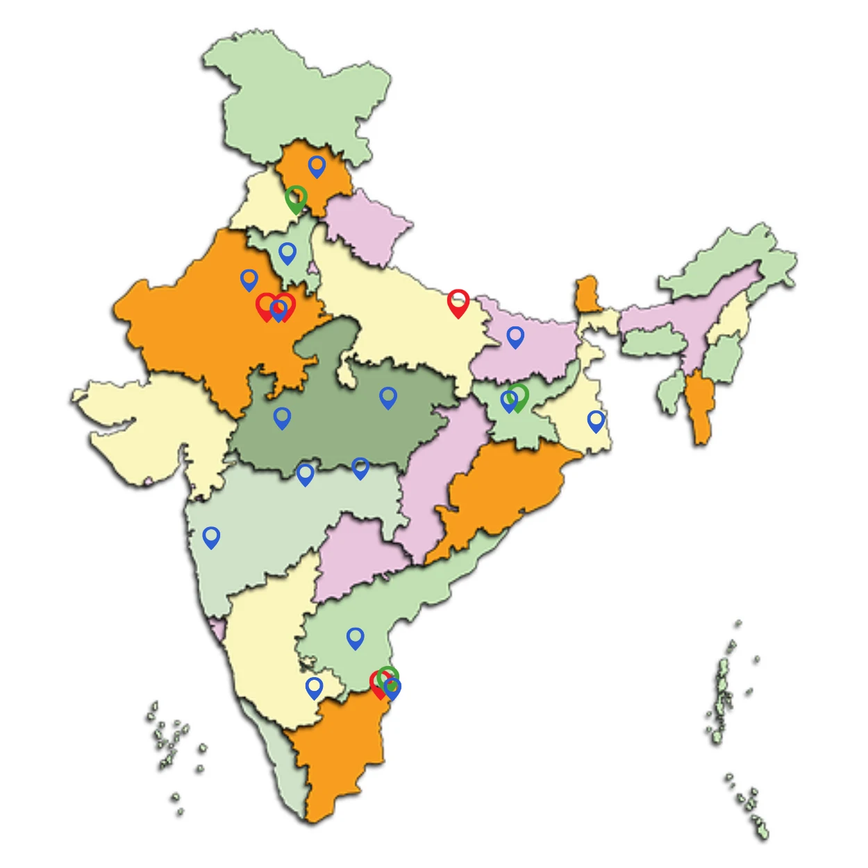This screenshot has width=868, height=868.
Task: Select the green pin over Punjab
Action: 297,199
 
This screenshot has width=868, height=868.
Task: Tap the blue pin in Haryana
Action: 287,253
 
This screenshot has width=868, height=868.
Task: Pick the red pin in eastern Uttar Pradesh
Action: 458,303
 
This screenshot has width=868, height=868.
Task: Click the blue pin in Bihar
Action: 515,337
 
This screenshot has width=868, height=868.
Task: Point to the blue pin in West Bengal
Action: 596,420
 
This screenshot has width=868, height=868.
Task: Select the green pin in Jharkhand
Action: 518,397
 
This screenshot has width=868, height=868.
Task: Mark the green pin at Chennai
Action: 387,678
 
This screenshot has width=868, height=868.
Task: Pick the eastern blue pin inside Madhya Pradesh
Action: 388,397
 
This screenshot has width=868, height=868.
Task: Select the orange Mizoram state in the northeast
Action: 700,406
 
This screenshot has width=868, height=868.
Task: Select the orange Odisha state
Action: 500,493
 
